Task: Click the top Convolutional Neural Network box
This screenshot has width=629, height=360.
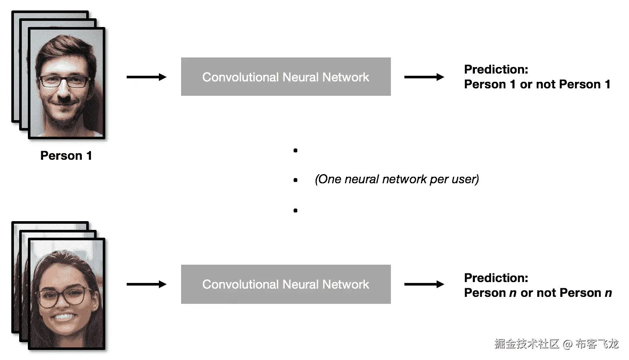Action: pyautogui.click(x=286, y=77)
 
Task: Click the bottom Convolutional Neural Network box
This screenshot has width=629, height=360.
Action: pyautogui.click(x=286, y=284)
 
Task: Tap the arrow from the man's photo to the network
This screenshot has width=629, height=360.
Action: pyautogui.click(x=147, y=77)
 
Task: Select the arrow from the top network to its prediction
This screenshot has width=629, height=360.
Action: pyautogui.click(x=424, y=77)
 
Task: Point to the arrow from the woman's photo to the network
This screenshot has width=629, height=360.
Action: pyautogui.click(x=147, y=284)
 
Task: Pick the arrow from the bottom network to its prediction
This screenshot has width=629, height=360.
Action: pyautogui.click(x=424, y=284)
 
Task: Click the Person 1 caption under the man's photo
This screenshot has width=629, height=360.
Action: pyautogui.click(x=66, y=155)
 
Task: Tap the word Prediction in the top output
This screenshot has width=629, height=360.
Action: pyautogui.click(x=496, y=69)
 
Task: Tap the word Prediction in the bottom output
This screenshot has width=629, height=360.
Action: pyautogui.click(x=496, y=278)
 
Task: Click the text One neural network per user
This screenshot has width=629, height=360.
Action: pyautogui.click(x=397, y=179)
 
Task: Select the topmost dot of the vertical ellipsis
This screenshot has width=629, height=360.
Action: pyautogui.click(x=296, y=151)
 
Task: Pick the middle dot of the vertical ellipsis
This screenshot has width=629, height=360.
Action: pyautogui.click(x=296, y=180)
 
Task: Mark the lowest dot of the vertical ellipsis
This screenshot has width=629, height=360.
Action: pyautogui.click(x=296, y=210)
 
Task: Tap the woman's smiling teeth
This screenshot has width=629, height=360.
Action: pyautogui.click(x=64, y=317)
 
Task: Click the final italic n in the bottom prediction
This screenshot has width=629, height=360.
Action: pyautogui.click(x=608, y=293)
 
